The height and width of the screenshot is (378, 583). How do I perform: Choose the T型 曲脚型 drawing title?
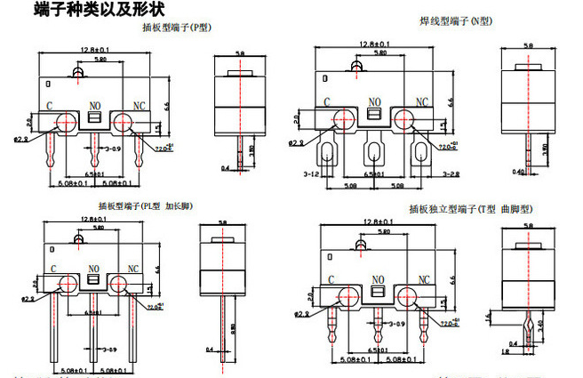tap(470, 209)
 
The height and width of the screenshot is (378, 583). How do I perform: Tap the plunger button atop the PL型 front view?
tap(81, 240)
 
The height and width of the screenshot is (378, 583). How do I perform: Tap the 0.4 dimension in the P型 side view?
tap(224, 166)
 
